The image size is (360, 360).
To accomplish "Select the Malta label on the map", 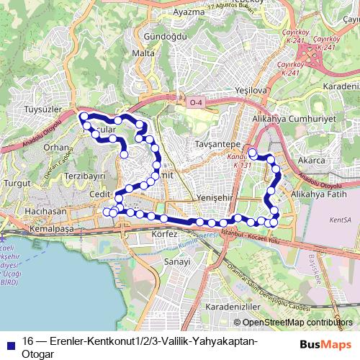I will click(x=144, y=54).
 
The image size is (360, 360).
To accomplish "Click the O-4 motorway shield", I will click(x=196, y=104).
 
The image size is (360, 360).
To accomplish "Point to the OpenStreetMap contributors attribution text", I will click(x=297, y=323).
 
